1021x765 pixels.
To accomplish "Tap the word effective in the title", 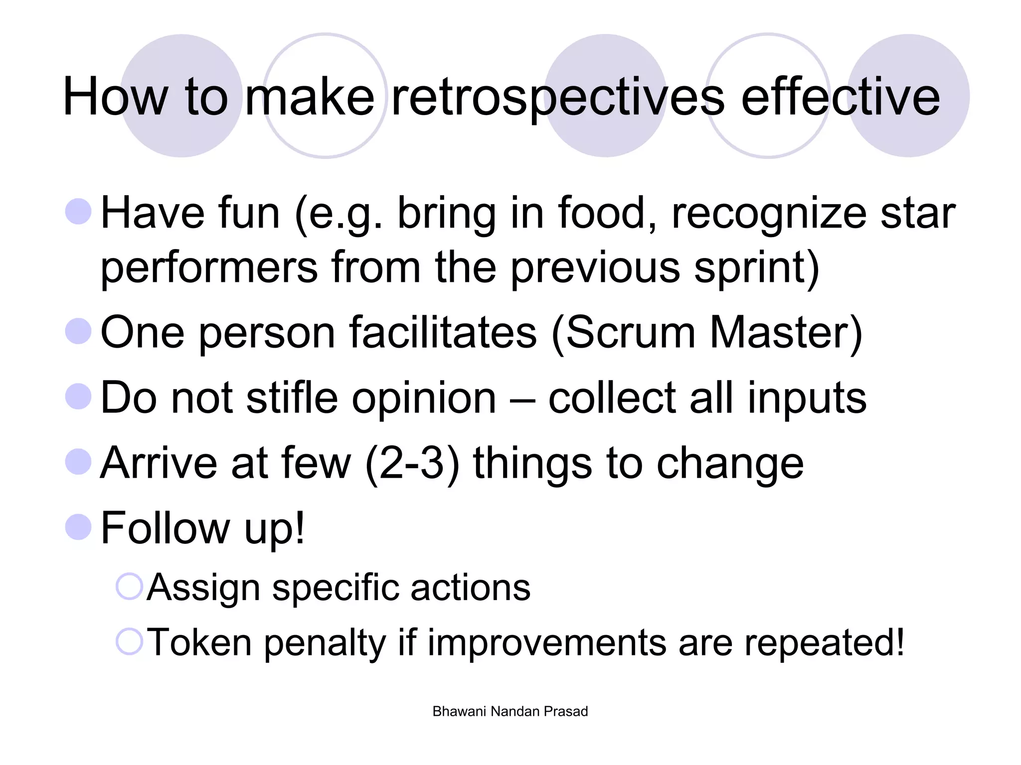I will pyautogui.click(x=841, y=97).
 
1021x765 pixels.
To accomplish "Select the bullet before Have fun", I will pyautogui.click(x=78, y=212).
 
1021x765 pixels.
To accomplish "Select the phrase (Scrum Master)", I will pyautogui.click(x=707, y=333).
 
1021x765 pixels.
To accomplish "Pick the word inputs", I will pyautogui.click(x=807, y=399).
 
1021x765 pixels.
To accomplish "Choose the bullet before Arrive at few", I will pyautogui.click(x=78, y=461).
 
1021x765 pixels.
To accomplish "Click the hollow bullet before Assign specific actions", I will pyautogui.click(x=129, y=586).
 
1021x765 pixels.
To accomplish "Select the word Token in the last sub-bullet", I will pyautogui.click(x=199, y=642).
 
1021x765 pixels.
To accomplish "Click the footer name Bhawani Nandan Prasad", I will pyautogui.click(x=510, y=711).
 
